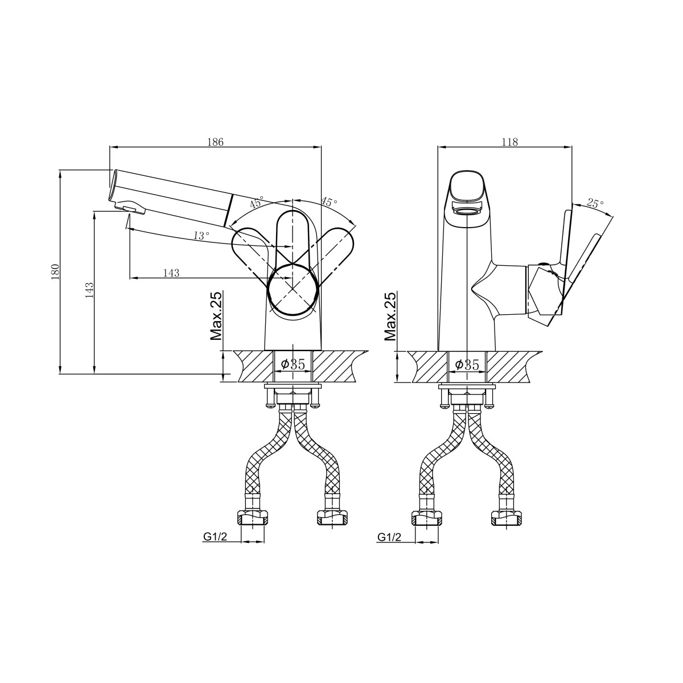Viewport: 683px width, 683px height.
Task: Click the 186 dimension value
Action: coord(215,142)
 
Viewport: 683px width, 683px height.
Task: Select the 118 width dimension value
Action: coord(509,142)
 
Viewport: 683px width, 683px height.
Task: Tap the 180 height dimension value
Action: coord(55,272)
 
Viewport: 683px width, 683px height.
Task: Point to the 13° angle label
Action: coord(201,236)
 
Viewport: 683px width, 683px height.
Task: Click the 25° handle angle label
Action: coord(595,203)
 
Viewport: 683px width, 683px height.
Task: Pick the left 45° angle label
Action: coord(257,202)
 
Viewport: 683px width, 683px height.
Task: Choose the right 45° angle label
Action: coord(329,201)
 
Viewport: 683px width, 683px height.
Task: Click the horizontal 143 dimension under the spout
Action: coord(171,273)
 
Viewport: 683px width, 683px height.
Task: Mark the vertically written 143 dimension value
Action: coord(89,290)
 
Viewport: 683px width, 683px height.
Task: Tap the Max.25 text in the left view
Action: coord(216,316)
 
